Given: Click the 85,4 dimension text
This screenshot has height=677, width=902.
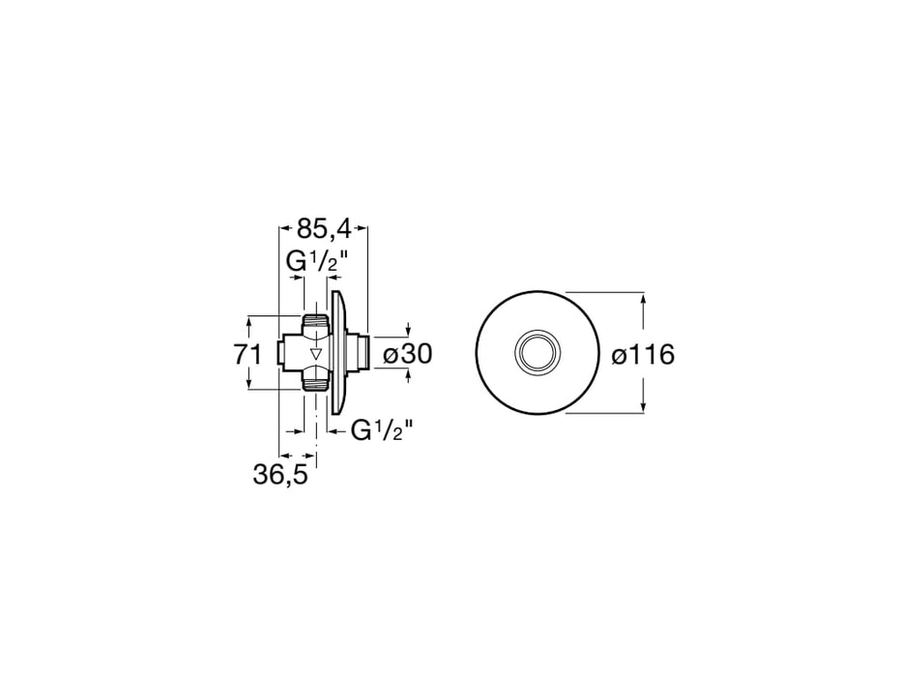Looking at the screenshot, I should click(324, 228).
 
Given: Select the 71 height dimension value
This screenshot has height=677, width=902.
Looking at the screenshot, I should click(248, 354).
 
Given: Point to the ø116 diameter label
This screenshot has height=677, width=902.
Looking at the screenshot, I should click(642, 355).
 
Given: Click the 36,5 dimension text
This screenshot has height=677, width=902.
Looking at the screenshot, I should click(279, 476).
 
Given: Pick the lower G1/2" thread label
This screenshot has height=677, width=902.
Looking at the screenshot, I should click(381, 431).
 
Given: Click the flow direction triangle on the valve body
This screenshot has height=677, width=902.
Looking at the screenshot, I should click(315, 353).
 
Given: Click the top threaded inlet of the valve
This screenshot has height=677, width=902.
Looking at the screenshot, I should click(316, 320).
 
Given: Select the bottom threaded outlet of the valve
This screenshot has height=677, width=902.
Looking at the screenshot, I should click(316, 384).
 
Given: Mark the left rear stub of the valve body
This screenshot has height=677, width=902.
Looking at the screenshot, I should click(282, 352).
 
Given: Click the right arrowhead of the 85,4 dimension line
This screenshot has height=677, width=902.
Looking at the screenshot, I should click(364, 228).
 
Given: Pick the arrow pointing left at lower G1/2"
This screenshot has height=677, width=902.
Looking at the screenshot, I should click(334, 431).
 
